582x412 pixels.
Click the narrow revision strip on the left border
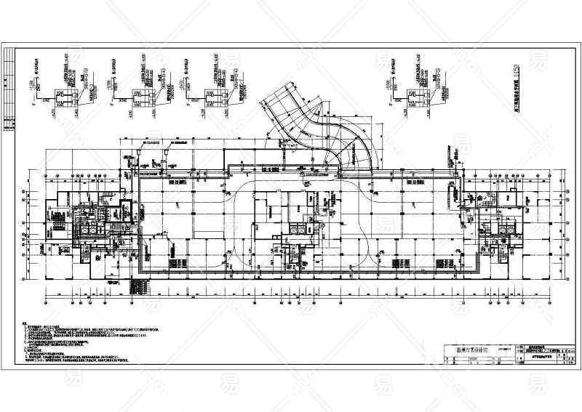[9, 98]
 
